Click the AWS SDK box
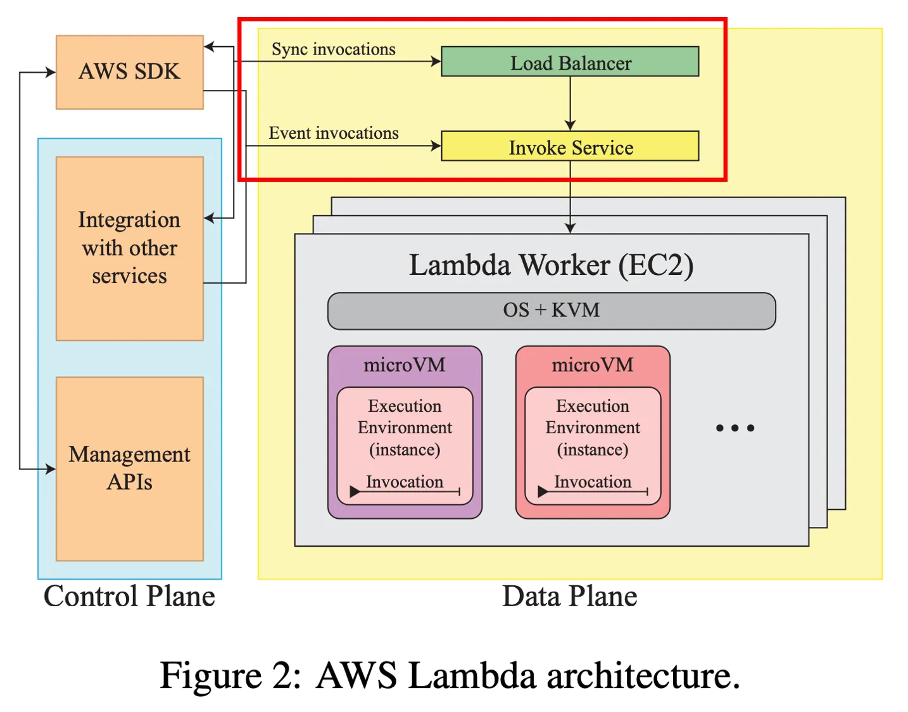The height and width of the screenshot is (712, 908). (x=129, y=72)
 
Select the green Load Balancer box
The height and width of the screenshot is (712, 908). (x=570, y=62)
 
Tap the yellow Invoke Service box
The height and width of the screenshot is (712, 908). (x=570, y=146)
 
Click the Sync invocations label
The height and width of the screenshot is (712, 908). (x=333, y=49)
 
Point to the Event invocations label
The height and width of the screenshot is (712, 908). (x=333, y=133)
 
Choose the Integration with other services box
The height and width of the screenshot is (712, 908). (x=129, y=248)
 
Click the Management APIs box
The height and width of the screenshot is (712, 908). (x=129, y=468)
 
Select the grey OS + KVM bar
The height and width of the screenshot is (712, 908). (x=551, y=310)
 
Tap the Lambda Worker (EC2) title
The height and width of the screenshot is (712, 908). (x=551, y=265)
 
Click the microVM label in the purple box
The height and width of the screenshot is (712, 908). (x=404, y=365)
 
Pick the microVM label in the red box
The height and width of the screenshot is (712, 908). (x=592, y=365)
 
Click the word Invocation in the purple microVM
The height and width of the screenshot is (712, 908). (x=404, y=482)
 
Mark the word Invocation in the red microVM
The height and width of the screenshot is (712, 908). (x=592, y=482)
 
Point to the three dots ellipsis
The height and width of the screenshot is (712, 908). (x=735, y=428)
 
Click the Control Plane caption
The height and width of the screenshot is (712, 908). (x=129, y=596)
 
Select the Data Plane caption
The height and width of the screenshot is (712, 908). (x=569, y=596)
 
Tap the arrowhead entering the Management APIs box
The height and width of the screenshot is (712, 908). (x=50, y=469)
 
